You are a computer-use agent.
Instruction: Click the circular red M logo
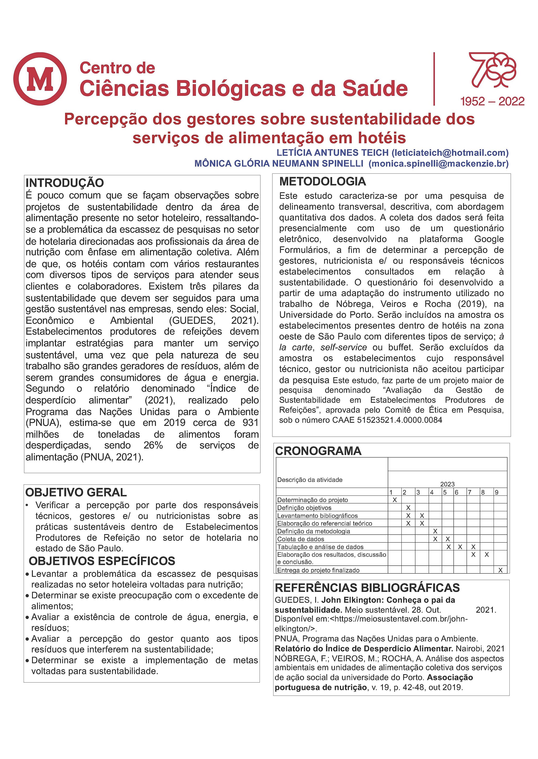[x=40, y=79]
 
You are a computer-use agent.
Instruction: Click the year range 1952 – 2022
[x=492, y=101]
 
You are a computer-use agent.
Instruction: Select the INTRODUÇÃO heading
[x=65, y=183]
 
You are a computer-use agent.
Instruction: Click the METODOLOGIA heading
[x=323, y=181]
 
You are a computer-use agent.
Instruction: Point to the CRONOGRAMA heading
[x=318, y=451]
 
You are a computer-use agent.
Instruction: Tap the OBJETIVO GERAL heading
[x=76, y=492]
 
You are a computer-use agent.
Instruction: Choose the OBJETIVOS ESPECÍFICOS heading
[x=102, y=561]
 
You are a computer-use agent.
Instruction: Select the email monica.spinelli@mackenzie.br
[x=439, y=163]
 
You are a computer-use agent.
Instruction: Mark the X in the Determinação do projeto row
[x=395, y=500]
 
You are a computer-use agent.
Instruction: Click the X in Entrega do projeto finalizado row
[x=500, y=570]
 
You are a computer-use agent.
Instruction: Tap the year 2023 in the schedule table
[x=447, y=484]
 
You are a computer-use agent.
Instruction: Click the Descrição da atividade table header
[x=310, y=480]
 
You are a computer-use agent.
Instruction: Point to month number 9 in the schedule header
[x=496, y=492]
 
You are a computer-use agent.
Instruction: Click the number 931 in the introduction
[x=250, y=423]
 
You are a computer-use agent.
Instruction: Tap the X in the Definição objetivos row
[x=408, y=508]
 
